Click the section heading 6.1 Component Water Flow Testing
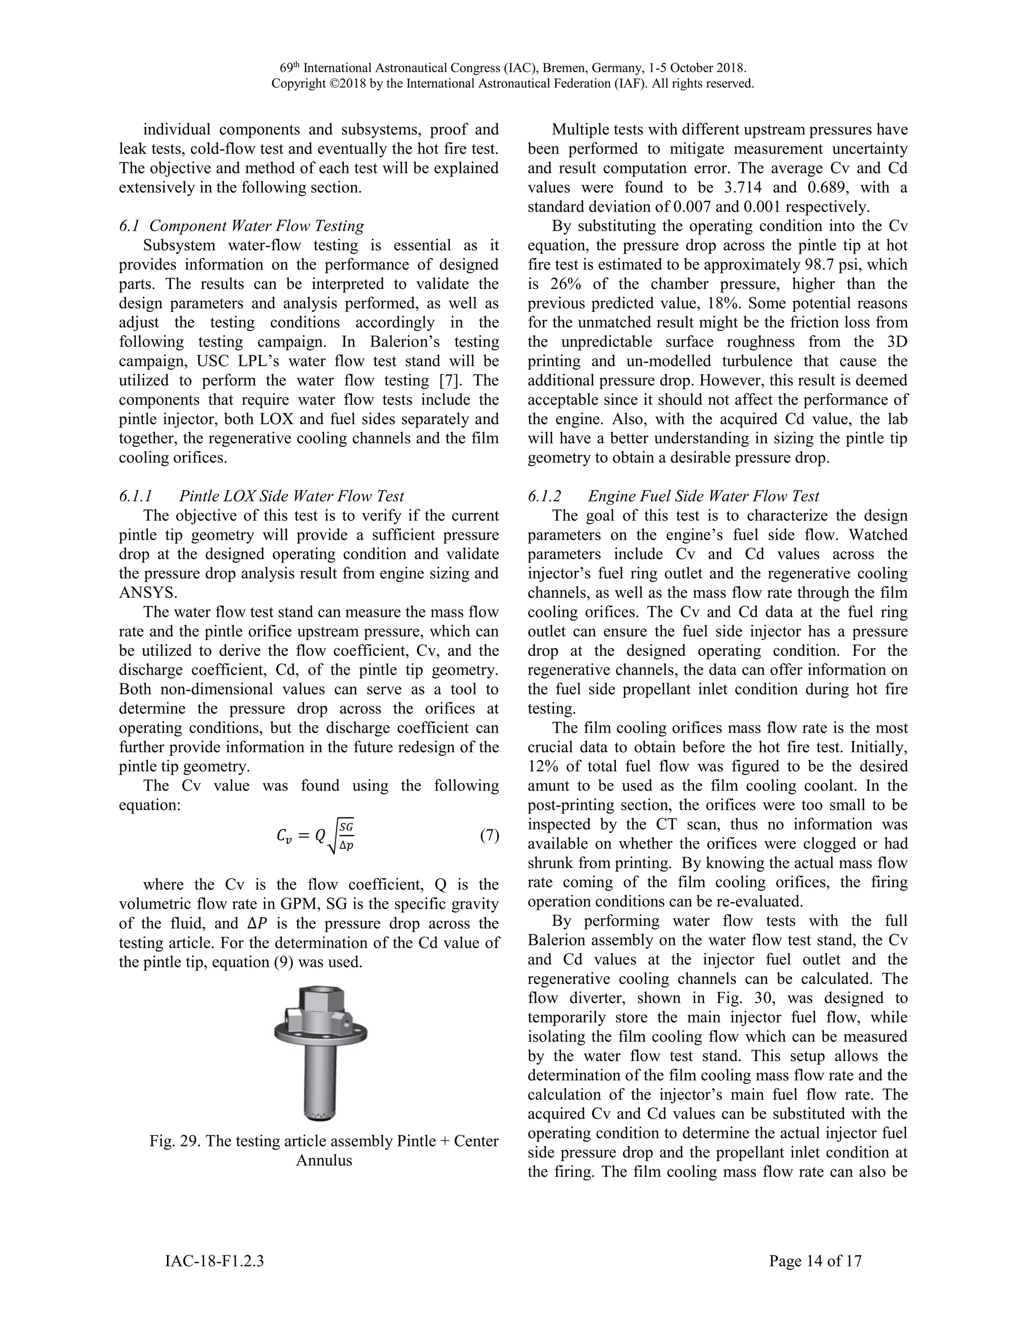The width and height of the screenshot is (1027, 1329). pyautogui.click(x=242, y=226)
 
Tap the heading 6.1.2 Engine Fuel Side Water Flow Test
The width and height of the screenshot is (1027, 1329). pyautogui.click(x=673, y=496)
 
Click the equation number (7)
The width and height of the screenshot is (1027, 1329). pyautogui.click(x=489, y=836)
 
